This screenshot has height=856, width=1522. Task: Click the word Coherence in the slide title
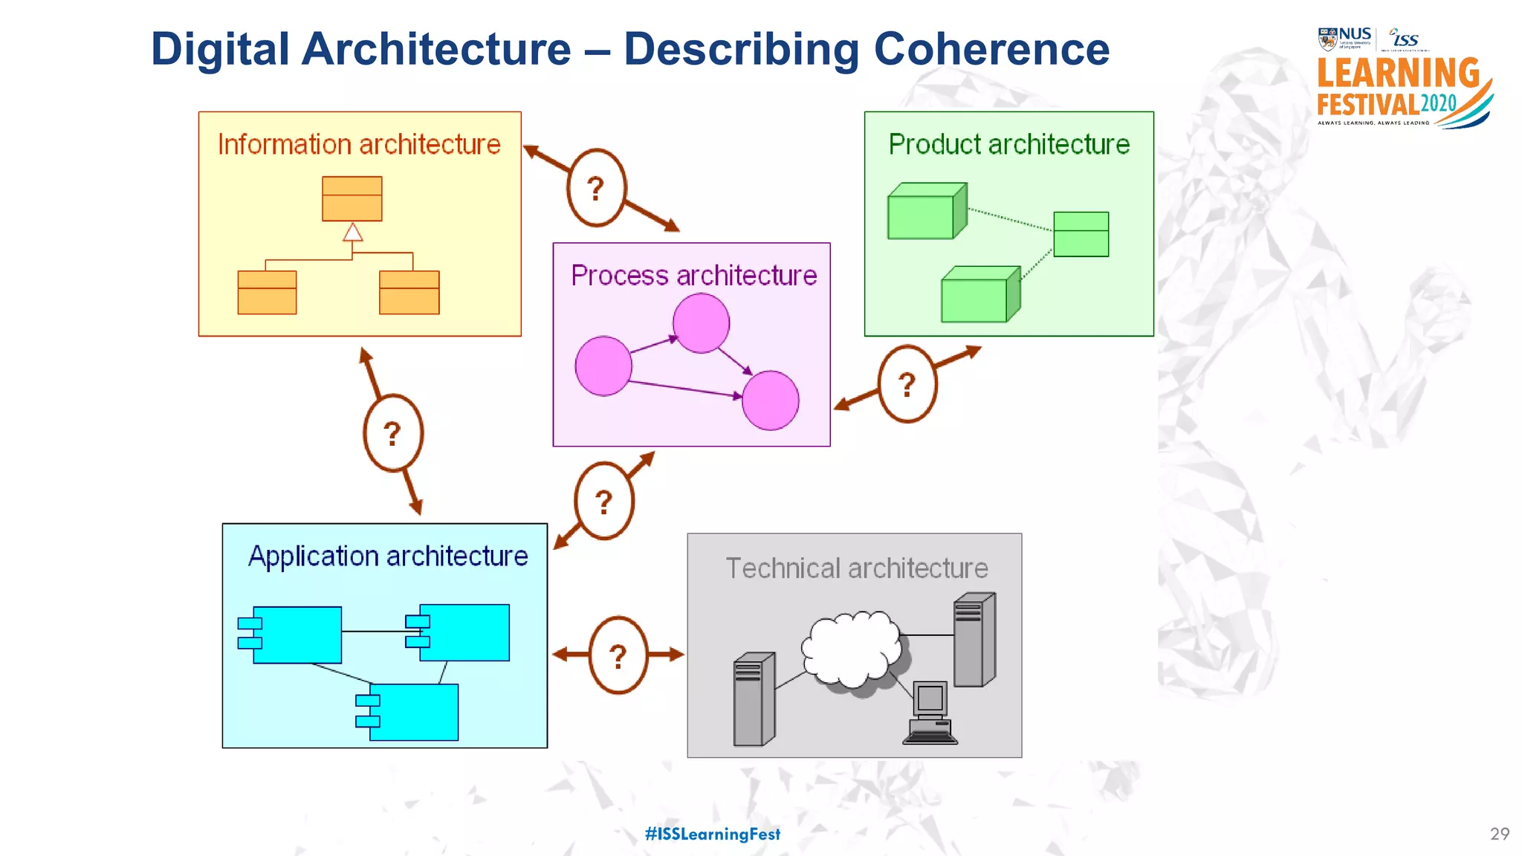(991, 49)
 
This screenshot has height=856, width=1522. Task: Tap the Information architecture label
(359, 144)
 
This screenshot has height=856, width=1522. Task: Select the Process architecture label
(693, 276)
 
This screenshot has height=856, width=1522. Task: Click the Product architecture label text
(1008, 144)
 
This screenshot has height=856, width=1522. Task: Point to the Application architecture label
(387, 556)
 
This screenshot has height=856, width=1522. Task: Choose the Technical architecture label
(856, 568)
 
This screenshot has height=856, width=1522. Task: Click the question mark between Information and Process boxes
(596, 188)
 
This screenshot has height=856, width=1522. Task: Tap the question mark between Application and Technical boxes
(618, 655)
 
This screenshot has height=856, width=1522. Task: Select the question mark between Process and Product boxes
(907, 384)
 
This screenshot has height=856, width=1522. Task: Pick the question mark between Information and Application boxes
(392, 433)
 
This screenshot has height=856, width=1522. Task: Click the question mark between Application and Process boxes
(603, 502)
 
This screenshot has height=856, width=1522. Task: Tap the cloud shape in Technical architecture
(851, 649)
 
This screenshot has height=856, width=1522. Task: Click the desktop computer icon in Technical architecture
(930, 712)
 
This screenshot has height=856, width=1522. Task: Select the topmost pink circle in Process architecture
(701, 322)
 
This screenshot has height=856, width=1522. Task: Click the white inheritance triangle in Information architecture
(353, 233)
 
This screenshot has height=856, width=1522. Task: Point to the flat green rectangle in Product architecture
(1081, 234)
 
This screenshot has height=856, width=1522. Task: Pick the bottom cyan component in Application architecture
(412, 712)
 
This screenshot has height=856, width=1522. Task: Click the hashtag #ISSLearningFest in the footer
(712, 834)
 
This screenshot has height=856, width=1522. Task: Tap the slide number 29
(1499, 834)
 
